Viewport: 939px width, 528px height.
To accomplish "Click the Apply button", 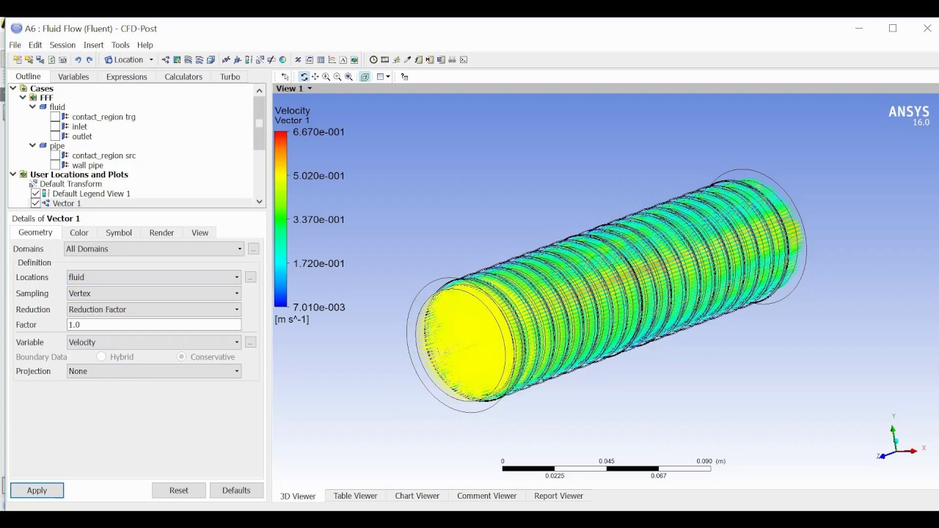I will coord(37,490).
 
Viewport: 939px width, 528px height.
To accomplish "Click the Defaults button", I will coord(235,490).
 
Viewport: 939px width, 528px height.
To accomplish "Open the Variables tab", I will coord(73,76).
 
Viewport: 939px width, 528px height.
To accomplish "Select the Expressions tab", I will coord(126,76).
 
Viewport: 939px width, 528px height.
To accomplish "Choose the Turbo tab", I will coord(230,76).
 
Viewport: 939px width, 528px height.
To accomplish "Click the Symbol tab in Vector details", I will coord(118,232).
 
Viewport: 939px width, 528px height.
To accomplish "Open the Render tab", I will coord(161,232).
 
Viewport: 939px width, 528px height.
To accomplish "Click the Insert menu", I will coord(93,45).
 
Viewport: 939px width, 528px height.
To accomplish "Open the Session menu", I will coord(62,45).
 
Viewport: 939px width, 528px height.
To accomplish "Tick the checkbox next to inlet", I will coord(55,126).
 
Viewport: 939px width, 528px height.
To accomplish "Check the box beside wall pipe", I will coord(55,165).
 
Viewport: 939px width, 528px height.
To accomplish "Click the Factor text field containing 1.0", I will coord(153,324).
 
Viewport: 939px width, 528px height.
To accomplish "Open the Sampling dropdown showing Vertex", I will coord(153,293).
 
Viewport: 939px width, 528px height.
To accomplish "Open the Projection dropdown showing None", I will coord(153,371).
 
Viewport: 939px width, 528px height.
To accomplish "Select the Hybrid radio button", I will coord(101,356).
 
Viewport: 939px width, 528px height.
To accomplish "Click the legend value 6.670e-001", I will coord(318,132).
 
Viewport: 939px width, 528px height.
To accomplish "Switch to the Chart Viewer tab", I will coord(417,496).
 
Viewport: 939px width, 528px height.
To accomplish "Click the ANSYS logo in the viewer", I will coord(908,113).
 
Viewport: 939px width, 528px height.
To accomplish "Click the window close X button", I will coord(927,28).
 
